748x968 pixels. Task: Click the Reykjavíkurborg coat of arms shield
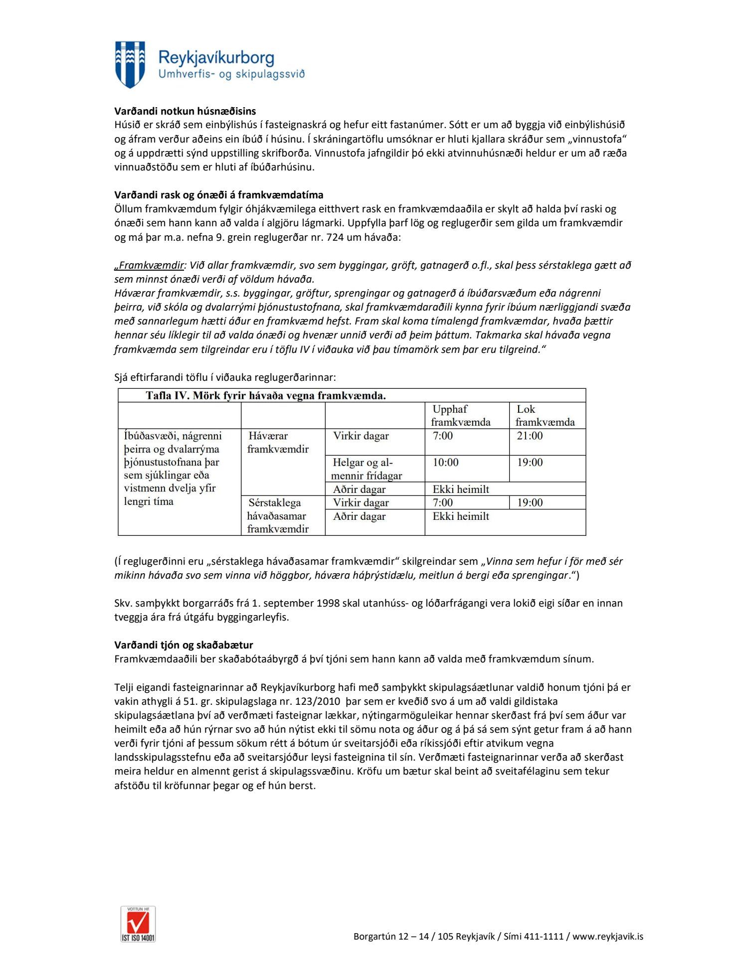tap(130, 64)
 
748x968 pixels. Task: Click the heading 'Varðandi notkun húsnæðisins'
tap(185, 111)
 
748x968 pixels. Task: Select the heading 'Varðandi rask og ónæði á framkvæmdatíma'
tap(218, 195)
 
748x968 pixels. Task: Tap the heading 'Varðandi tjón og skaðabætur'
tap(184, 645)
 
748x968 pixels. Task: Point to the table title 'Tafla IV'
tap(265, 396)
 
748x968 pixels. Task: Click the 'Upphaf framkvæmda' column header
tap(461, 415)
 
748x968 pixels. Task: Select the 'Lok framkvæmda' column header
tap(545, 415)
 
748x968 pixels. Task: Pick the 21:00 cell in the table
tap(530, 436)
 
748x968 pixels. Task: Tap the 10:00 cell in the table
tap(445, 462)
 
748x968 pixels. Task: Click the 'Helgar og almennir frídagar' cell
tap(366, 469)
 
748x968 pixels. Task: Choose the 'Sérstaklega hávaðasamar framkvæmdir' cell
tap(278, 515)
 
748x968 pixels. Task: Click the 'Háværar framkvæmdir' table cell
tap(278, 442)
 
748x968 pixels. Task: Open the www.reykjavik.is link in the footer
tap(607, 937)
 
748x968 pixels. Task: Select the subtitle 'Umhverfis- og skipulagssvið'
tap(231, 74)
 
